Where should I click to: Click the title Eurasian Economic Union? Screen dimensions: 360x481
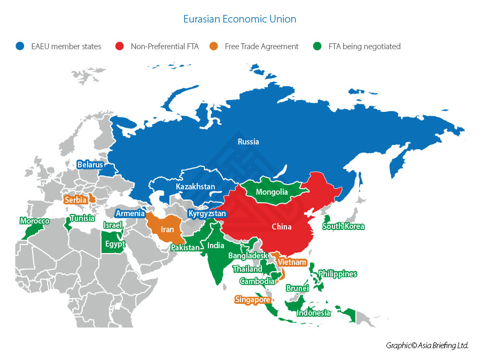click(239, 19)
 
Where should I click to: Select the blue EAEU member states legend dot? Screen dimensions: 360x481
click(20, 47)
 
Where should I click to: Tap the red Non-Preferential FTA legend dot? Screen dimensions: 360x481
click(119, 47)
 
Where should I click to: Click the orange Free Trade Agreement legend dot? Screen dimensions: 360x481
click(213, 47)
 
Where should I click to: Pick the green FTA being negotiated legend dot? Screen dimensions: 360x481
click(317, 47)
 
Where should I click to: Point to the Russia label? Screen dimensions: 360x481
click(249, 142)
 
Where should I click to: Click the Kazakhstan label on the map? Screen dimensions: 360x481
click(195, 187)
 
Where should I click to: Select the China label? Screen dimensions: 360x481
click(281, 227)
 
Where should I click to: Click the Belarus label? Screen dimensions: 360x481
click(90, 165)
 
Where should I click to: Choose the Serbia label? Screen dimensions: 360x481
click(75, 200)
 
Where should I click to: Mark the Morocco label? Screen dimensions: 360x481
click(35, 221)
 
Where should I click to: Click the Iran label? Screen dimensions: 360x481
click(167, 229)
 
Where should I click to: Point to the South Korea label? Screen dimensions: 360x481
click(343, 226)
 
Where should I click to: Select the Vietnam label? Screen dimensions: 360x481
click(292, 262)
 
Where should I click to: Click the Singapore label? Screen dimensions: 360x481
click(252, 300)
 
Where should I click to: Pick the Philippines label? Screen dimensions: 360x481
click(337, 274)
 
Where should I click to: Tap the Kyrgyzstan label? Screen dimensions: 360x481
click(207, 213)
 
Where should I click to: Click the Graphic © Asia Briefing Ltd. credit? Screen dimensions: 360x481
click(426, 346)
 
